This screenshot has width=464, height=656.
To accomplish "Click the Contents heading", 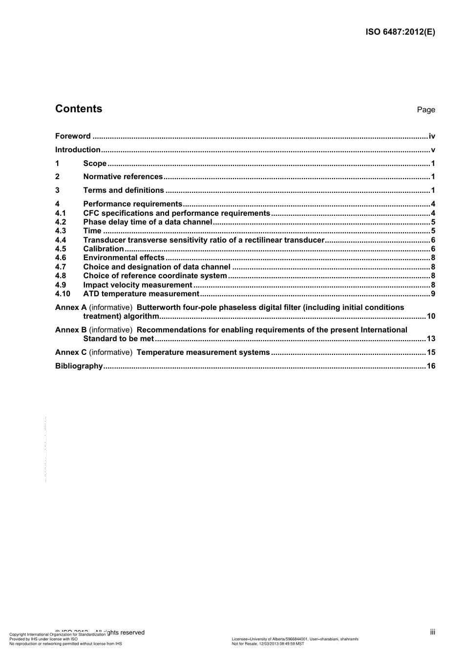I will (79, 109).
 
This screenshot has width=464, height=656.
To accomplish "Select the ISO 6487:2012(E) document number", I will (400, 33).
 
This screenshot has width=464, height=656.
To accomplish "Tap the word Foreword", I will (73, 136).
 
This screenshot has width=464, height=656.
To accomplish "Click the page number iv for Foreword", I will (432, 136).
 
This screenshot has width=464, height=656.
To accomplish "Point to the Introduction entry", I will (78, 150).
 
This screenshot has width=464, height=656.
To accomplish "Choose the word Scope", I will (95, 164).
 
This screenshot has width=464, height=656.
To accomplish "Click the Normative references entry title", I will (123, 177).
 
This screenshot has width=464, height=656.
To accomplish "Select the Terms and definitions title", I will (124, 190).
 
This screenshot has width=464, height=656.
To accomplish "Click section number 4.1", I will (61, 213).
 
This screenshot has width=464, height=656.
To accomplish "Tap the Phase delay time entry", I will (148, 222).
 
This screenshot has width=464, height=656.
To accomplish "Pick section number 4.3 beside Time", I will (61, 231).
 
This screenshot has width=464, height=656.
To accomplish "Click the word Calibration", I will (104, 249).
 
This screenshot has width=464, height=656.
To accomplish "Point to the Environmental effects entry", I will (124, 258).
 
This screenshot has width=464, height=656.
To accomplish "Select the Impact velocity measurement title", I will (138, 285).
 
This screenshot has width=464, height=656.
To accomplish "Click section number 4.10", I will (63, 294).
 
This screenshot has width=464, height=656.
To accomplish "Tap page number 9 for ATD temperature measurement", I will (433, 294).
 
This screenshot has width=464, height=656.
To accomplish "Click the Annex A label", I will (71, 307).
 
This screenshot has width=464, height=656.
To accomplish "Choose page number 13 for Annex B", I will (431, 339).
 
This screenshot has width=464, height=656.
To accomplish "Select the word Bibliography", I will (79, 366).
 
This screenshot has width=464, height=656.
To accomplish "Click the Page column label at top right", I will (426, 110).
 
